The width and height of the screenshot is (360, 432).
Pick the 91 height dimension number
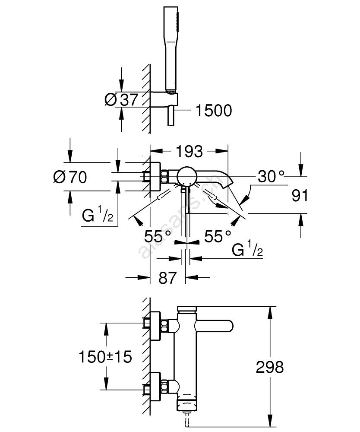tap(300, 196)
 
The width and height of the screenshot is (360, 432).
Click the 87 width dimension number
tap(168, 278)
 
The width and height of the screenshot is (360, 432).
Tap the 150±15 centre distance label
tap(105, 357)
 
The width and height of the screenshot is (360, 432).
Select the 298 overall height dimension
tap(270, 367)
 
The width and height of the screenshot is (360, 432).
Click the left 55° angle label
tap(158, 236)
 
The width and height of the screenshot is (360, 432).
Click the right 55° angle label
tap(218, 236)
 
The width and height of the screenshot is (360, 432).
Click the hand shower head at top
tap(170, 48)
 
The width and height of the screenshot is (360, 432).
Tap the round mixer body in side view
tap(186, 176)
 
